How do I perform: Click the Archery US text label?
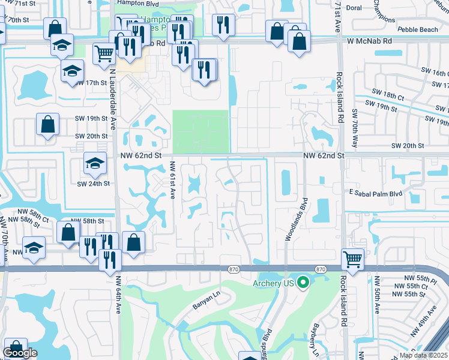tap(273, 283)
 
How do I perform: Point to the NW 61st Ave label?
tap(173, 181)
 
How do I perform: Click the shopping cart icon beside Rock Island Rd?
tap(352, 259)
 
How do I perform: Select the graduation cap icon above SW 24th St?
tap(94, 163)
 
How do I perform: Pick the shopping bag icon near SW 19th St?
tap(47, 125)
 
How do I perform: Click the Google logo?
tap(20, 353)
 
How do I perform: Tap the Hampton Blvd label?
tap(133, 2)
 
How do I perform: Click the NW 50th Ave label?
tap(377, 294)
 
